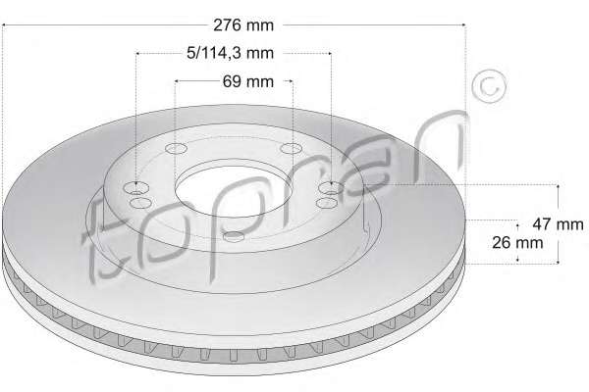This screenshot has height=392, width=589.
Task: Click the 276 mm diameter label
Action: [x=243, y=25]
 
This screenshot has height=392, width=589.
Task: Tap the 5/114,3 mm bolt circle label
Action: [x=231, y=53]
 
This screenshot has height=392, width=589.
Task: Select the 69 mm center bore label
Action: [x=248, y=81]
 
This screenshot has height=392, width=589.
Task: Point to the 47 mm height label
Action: [x=558, y=224]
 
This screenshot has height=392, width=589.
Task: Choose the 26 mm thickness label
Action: [x=517, y=242]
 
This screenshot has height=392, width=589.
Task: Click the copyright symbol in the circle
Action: [x=489, y=85]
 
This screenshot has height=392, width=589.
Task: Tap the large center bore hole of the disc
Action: [x=232, y=189]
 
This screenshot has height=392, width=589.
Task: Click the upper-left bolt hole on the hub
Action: [x=176, y=149]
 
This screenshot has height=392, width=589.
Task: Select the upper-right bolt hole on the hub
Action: [x=292, y=149]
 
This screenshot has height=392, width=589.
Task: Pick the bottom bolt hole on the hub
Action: [x=234, y=237]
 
